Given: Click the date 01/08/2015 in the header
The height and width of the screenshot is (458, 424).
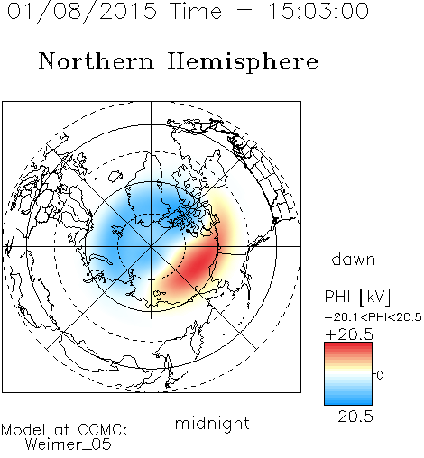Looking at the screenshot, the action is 82,12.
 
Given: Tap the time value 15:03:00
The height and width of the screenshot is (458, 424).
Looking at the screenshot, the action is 318,11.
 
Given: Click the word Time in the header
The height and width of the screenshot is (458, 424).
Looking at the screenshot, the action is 196,11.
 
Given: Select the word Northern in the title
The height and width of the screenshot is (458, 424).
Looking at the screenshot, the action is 97,61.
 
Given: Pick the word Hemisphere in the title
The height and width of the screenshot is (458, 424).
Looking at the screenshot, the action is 243,62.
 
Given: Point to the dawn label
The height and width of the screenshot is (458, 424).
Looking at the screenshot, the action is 354,259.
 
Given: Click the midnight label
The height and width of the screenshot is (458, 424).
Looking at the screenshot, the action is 212,423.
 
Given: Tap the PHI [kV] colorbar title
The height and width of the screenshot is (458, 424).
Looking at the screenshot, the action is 357,297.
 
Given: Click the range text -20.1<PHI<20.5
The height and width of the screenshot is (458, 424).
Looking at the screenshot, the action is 373,317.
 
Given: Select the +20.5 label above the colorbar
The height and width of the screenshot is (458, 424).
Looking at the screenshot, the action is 349,334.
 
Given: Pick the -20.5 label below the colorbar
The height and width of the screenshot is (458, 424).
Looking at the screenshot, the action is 349,417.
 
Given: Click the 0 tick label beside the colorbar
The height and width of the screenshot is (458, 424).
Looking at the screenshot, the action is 380,375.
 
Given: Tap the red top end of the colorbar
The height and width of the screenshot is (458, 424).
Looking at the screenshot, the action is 348,345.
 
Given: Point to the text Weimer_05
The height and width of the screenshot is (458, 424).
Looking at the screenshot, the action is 69,444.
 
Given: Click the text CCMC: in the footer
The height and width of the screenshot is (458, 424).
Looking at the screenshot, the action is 103,430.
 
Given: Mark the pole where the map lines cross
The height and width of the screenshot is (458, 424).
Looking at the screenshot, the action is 151,246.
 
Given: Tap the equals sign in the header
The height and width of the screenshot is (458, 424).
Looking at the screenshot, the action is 244,12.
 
